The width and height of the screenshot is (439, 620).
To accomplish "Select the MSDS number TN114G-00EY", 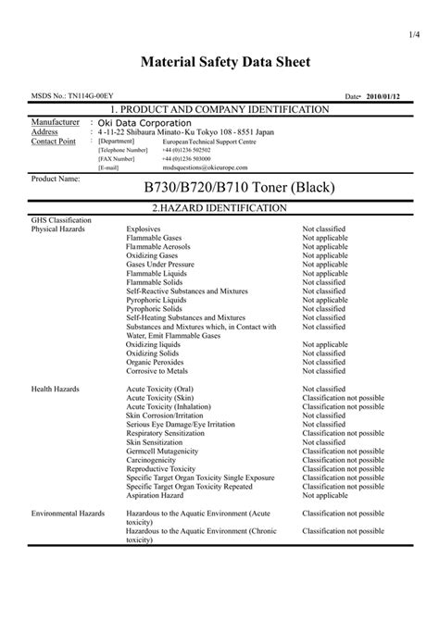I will click(x=69, y=96).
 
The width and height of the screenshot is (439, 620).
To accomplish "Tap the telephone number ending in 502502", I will click(x=186, y=149).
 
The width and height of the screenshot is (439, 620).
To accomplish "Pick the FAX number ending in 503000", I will click(x=186, y=158).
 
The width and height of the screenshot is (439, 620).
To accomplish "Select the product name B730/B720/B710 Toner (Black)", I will click(x=238, y=188).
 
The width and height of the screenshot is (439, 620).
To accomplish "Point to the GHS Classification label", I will click(x=61, y=220).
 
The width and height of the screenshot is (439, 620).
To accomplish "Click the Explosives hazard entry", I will click(x=144, y=229).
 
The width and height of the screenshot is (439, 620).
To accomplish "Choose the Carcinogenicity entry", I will click(x=155, y=460).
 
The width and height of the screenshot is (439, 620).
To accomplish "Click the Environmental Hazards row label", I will click(x=68, y=512).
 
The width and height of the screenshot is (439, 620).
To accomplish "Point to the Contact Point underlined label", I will click(x=54, y=141).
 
